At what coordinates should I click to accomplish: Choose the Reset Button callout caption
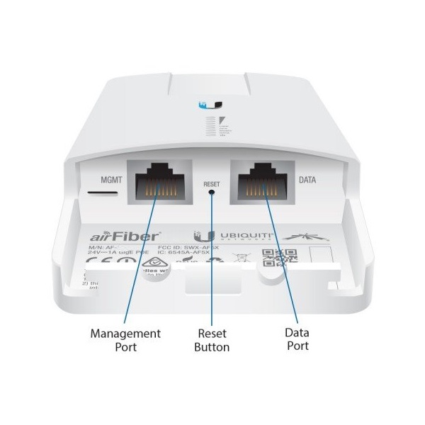[212, 340]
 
